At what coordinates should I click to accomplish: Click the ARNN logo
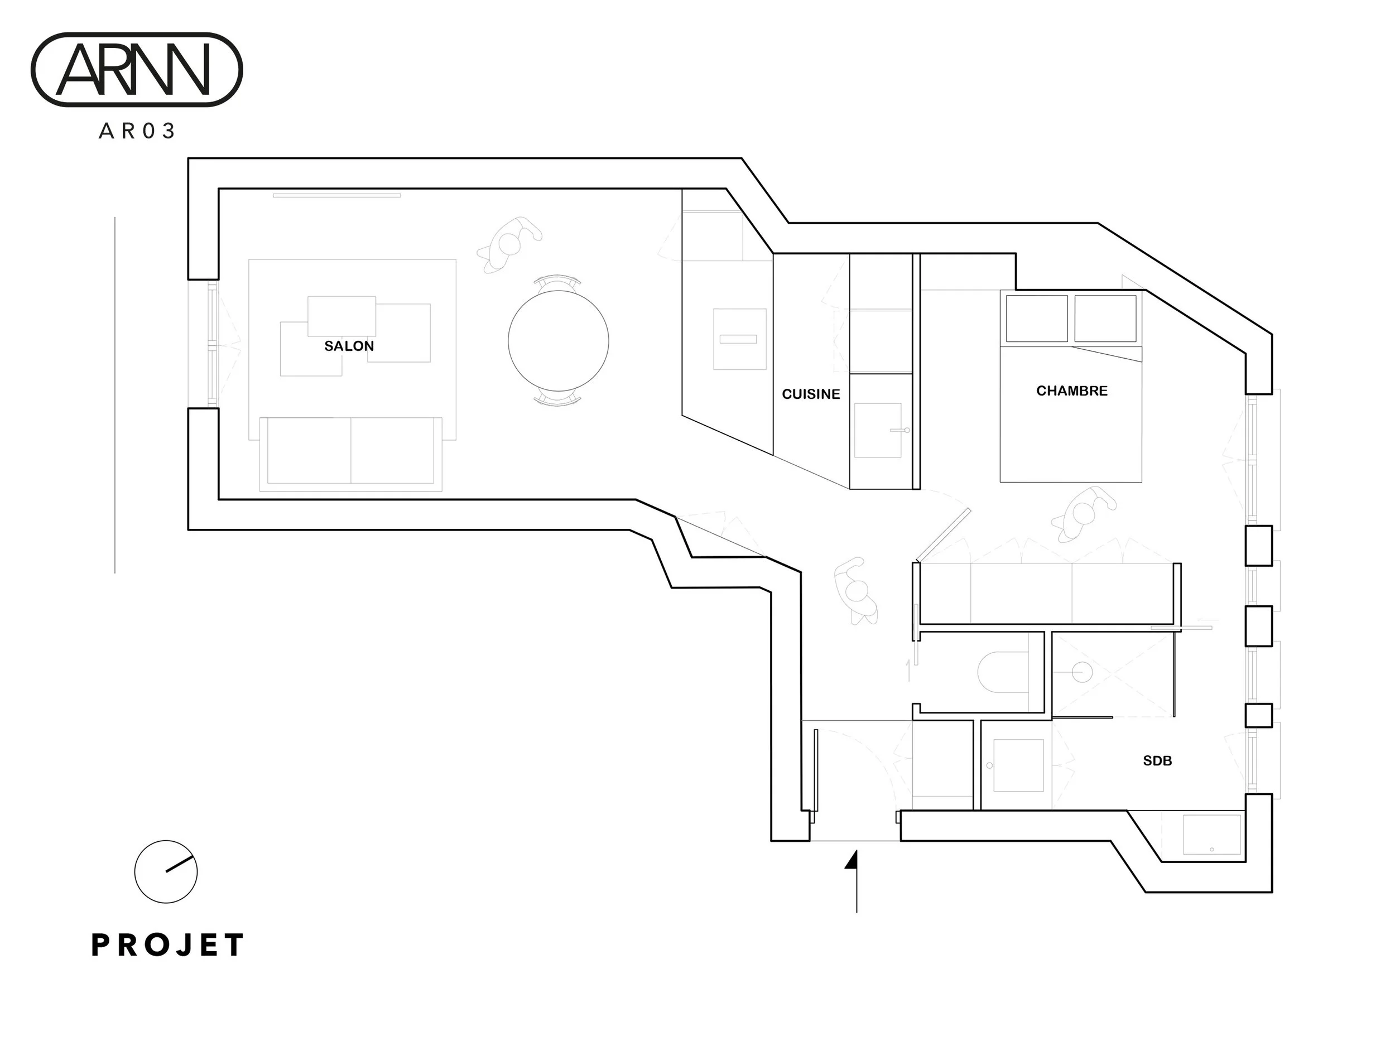click(136, 69)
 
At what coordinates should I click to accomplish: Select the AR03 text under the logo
click(136, 131)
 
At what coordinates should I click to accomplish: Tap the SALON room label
click(349, 346)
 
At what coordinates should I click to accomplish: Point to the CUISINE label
click(810, 394)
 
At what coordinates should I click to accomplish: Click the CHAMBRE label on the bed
click(1071, 391)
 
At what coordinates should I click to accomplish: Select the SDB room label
click(1157, 761)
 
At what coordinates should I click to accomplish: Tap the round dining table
click(558, 340)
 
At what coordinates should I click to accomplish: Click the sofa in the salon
click(350, 452)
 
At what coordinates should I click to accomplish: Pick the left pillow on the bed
click(1036, 319)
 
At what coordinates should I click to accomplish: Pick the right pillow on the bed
click(1105, 319)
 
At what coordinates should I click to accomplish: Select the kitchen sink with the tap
click(877, 430)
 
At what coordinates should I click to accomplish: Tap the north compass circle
click(166, 871)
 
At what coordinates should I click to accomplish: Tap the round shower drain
click(1081, 672)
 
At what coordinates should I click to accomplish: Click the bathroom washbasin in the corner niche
click(1211, 834)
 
